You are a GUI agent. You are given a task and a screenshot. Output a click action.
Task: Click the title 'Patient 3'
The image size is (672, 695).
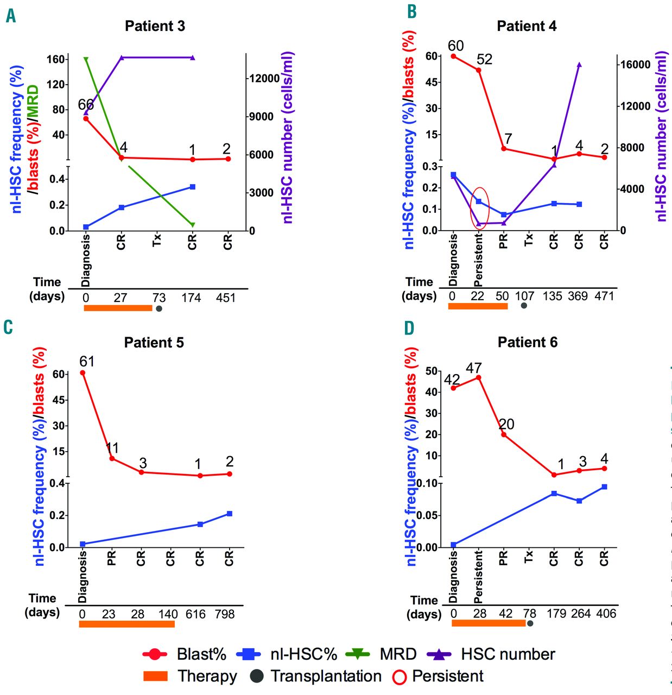pyautogui.click(x=155, y=26)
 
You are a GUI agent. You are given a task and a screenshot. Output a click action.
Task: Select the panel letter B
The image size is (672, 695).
pyautogui.click(x=412, y=11)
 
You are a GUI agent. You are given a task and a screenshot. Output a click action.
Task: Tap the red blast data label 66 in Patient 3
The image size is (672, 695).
pyautogui.click(x=86, y=105)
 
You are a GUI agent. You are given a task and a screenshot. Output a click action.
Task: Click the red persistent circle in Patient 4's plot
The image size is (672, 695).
pyautogui.click(x=480, y=208)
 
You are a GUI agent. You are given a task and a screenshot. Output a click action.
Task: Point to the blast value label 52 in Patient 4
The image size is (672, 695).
pyautogui.click(x=484, y=60)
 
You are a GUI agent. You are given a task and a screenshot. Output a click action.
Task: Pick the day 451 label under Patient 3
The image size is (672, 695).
pyautogui.click(x=226, y=298)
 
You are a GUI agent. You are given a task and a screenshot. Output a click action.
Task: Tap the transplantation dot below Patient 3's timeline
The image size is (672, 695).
pyautogui.click(x=159, y=308)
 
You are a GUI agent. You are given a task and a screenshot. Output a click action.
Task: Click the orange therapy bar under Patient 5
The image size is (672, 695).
pyautogui.click(x=126, y=624)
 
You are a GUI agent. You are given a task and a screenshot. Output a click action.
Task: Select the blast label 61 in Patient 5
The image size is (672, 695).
pyautogui.click(x=87, y=362)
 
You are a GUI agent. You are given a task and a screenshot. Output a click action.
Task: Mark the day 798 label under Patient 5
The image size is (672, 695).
pyautogui.click(x=225, y=614)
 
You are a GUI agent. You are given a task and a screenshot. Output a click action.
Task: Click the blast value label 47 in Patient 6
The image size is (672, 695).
pyautogui.click(x=474, y=369)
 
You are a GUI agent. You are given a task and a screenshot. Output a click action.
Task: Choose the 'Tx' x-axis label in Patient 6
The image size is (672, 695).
pyautogui.click(x=529, y=556)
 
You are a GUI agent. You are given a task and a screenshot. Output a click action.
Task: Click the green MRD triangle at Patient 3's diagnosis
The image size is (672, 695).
pyautogui.click(x=86, y=59)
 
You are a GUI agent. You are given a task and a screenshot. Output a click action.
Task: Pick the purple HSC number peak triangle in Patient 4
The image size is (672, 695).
pyautogui.click(x=579, y=65)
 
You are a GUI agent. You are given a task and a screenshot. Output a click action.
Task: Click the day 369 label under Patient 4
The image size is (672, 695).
pyautogui.click(x=578, y=296)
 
